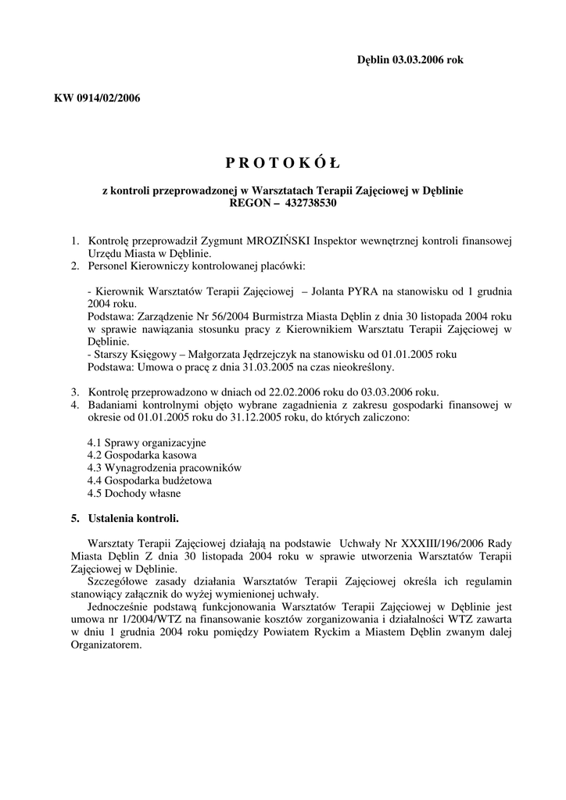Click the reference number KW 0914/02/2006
[x=97, y=98]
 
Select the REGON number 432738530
[x=306, y=202]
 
